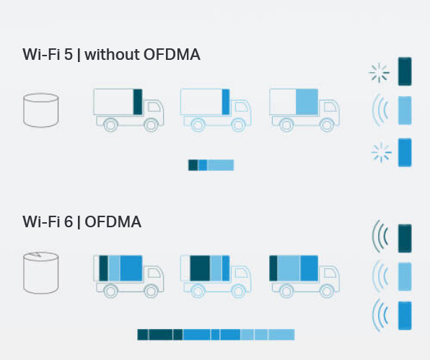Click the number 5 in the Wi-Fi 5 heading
pyautogui.click(x=69, y=54)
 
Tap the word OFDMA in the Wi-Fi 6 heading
pyautogui.click(x=113, y=221)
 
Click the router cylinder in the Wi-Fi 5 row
pyautogui.click(x=41, y=110)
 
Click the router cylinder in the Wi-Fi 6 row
pyautogui.click(x=41, y=273)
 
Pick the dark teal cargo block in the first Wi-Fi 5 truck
pyautogui.click(x=138, y=102)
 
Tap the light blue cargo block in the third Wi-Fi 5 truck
pyautogui.click(x=307, y=102)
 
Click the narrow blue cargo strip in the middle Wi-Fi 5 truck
pyautogui.click(x=226, y=102)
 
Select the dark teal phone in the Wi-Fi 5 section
pyautogui.click(x=405, y=71)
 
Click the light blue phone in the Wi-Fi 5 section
pyautogui.click(x=405, y=110)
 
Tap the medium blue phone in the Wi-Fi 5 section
pyautogui.click(x=405, y=152)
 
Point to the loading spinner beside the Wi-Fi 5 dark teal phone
pyautogui.click(x=379, y=73)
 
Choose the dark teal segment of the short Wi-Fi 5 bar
pyautogui.click(x=193, y=165)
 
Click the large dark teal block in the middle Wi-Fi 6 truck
pyautogui.click(x=200, y=268)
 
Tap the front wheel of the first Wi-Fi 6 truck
pyautogui.click(x=151, y=291)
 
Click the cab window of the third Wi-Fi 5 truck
pyautogui.click(x=330, y=106)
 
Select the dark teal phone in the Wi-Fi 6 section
pyautogui.click(x=405, y=238)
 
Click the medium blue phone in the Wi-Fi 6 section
pyautogui.click(x=405, y=315)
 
